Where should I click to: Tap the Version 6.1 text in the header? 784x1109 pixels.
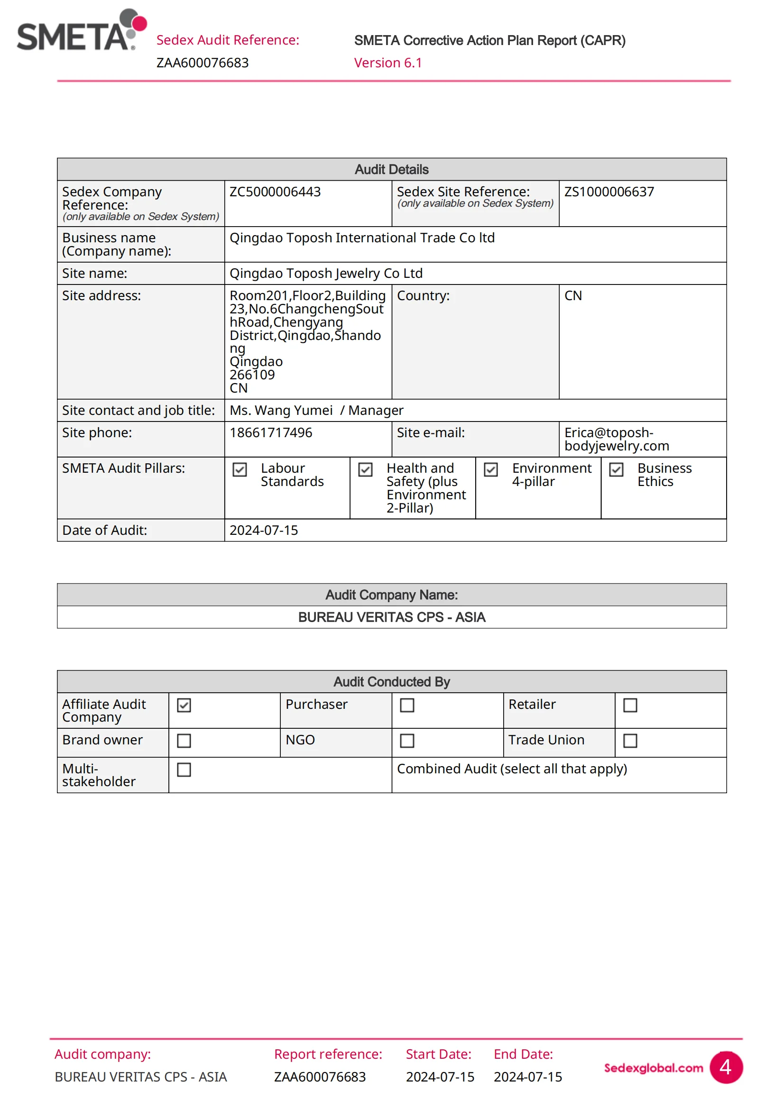(388, 63)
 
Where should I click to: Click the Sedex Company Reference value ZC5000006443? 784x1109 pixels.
(275, 192)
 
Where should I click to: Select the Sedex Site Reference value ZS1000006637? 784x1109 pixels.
(609, 192)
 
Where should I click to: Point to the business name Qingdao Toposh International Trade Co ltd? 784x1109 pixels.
(362, 238)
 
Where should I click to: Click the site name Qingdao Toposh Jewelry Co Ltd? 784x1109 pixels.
(326, 274)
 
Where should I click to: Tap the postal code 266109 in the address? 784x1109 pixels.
(252, 375)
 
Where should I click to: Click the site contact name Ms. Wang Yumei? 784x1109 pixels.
(281, 411)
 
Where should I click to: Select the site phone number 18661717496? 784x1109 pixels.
(271, 433)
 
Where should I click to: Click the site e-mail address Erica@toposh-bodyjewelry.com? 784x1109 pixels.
(617, 439)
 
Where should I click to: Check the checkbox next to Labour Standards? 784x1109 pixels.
(240, 469)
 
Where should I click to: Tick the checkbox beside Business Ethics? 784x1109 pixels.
(617, 469)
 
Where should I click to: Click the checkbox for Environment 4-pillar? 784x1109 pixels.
(491, 469)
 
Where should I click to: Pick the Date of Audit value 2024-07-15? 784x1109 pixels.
(264, 531)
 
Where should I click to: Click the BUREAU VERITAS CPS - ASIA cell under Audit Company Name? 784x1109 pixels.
(392, 617)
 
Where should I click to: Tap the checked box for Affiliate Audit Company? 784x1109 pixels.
(184, 705)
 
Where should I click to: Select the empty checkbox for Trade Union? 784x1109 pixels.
(630, 741)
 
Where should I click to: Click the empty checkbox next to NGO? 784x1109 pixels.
(407, 741)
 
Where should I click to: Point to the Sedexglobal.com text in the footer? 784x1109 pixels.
(654, 1068)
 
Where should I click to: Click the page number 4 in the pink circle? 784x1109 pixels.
(726, 1067)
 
